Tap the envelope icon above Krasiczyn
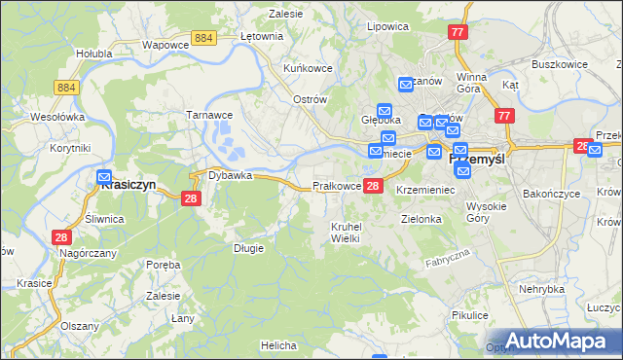(x=105, y=178)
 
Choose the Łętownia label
(x=261, y=36)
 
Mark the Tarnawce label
(x=206, y=114)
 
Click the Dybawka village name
(x=230, y=176)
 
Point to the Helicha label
(x=278, y=345)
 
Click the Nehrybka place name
(x=542, y=289)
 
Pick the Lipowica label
(x=385, y=26)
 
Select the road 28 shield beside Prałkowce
(x=374, y=186)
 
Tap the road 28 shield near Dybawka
(x=191, y=198)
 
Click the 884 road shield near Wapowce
(x=203, y=37)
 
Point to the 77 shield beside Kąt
(x=503, y=116)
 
